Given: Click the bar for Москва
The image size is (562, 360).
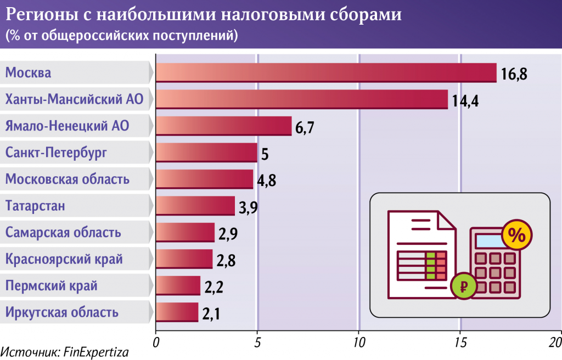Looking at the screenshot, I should tap(326, 72).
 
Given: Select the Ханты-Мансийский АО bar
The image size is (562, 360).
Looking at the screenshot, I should tap(302, 99).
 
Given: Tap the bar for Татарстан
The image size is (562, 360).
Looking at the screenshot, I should tap(195, 206).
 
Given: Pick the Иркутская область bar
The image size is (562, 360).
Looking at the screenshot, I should tap(177, 312).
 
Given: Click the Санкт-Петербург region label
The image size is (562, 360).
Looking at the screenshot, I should tap(57, 153).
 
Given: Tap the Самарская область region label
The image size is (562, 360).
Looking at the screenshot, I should tap(63, 232).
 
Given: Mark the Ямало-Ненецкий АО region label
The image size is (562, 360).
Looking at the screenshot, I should tap(67, 126).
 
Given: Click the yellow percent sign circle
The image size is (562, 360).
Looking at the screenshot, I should tap(516, 234).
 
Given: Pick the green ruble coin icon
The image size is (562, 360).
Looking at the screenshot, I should tap(464, 286).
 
